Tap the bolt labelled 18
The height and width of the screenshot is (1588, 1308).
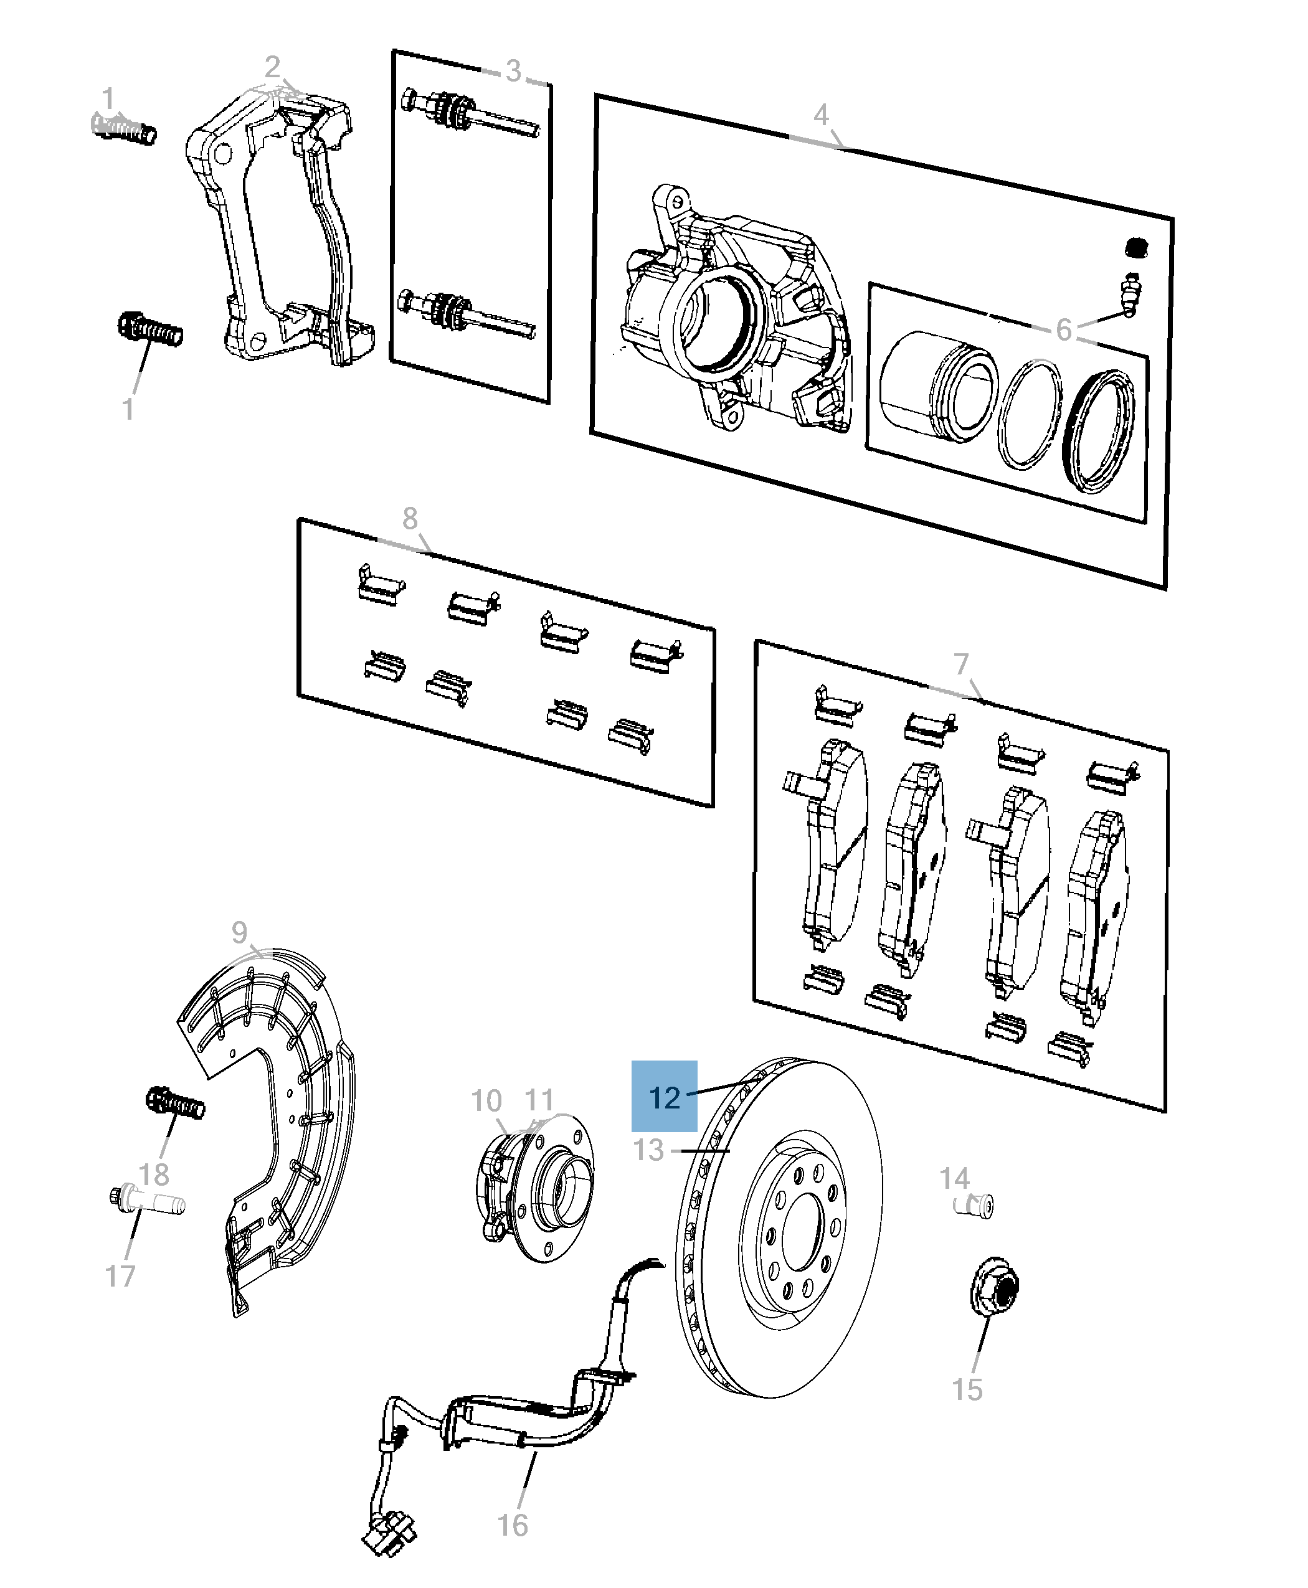[176, 1104]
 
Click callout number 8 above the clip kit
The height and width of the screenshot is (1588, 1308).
[409, 518]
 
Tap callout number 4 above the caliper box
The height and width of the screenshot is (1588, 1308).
[820, 115]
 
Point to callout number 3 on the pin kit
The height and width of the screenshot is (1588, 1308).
[513, 72]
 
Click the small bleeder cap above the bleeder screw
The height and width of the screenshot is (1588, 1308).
[1135, 247]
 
